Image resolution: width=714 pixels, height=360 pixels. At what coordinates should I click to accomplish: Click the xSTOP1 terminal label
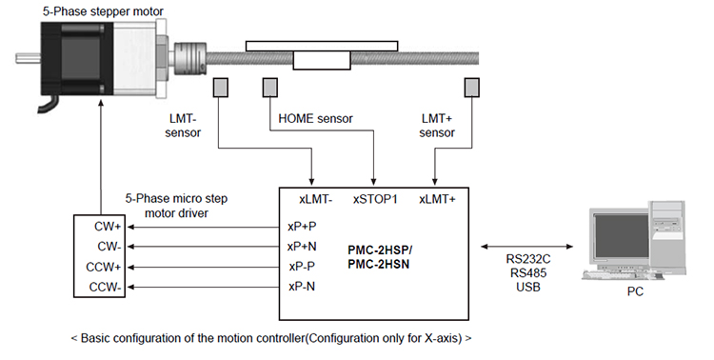click(x=375, y=199)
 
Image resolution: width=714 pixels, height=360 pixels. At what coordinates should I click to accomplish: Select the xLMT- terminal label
click(x=315, y=199)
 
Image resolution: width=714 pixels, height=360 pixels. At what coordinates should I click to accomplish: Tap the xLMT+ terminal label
click(x=437, y=199)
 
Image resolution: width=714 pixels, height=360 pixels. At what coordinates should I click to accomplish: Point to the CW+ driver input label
click(x=108, y=227)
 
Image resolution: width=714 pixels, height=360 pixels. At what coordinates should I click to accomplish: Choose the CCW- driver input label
click(x=105, y=287)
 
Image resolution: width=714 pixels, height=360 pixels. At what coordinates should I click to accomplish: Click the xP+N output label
click(x=302, y=247)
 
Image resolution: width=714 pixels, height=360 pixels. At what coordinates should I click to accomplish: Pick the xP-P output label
click(x=302, y=266)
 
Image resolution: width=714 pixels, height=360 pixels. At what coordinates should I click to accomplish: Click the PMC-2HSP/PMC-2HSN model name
click(x=380, y=257)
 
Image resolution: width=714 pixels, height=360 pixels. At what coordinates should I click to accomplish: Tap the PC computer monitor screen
click(x=621, y=236)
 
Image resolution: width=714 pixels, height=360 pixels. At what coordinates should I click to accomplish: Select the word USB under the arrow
click(x=528, y=287)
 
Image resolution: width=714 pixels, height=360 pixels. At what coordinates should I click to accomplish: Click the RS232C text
click(x=528, y=259)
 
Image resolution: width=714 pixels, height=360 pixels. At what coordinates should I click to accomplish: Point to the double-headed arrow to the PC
click(x=526, y=247)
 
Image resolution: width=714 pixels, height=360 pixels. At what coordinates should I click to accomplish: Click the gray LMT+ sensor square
click(x=472, y=88)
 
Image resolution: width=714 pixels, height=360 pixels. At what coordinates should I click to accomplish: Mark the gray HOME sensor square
click(x=270, y=88)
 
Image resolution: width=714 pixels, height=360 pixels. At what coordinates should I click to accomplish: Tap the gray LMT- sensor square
click(x=221, y=88)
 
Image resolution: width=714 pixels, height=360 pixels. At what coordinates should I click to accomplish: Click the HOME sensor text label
click(x=315, y=119)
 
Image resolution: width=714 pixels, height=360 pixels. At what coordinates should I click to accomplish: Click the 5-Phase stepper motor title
click(x=103, y=11)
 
